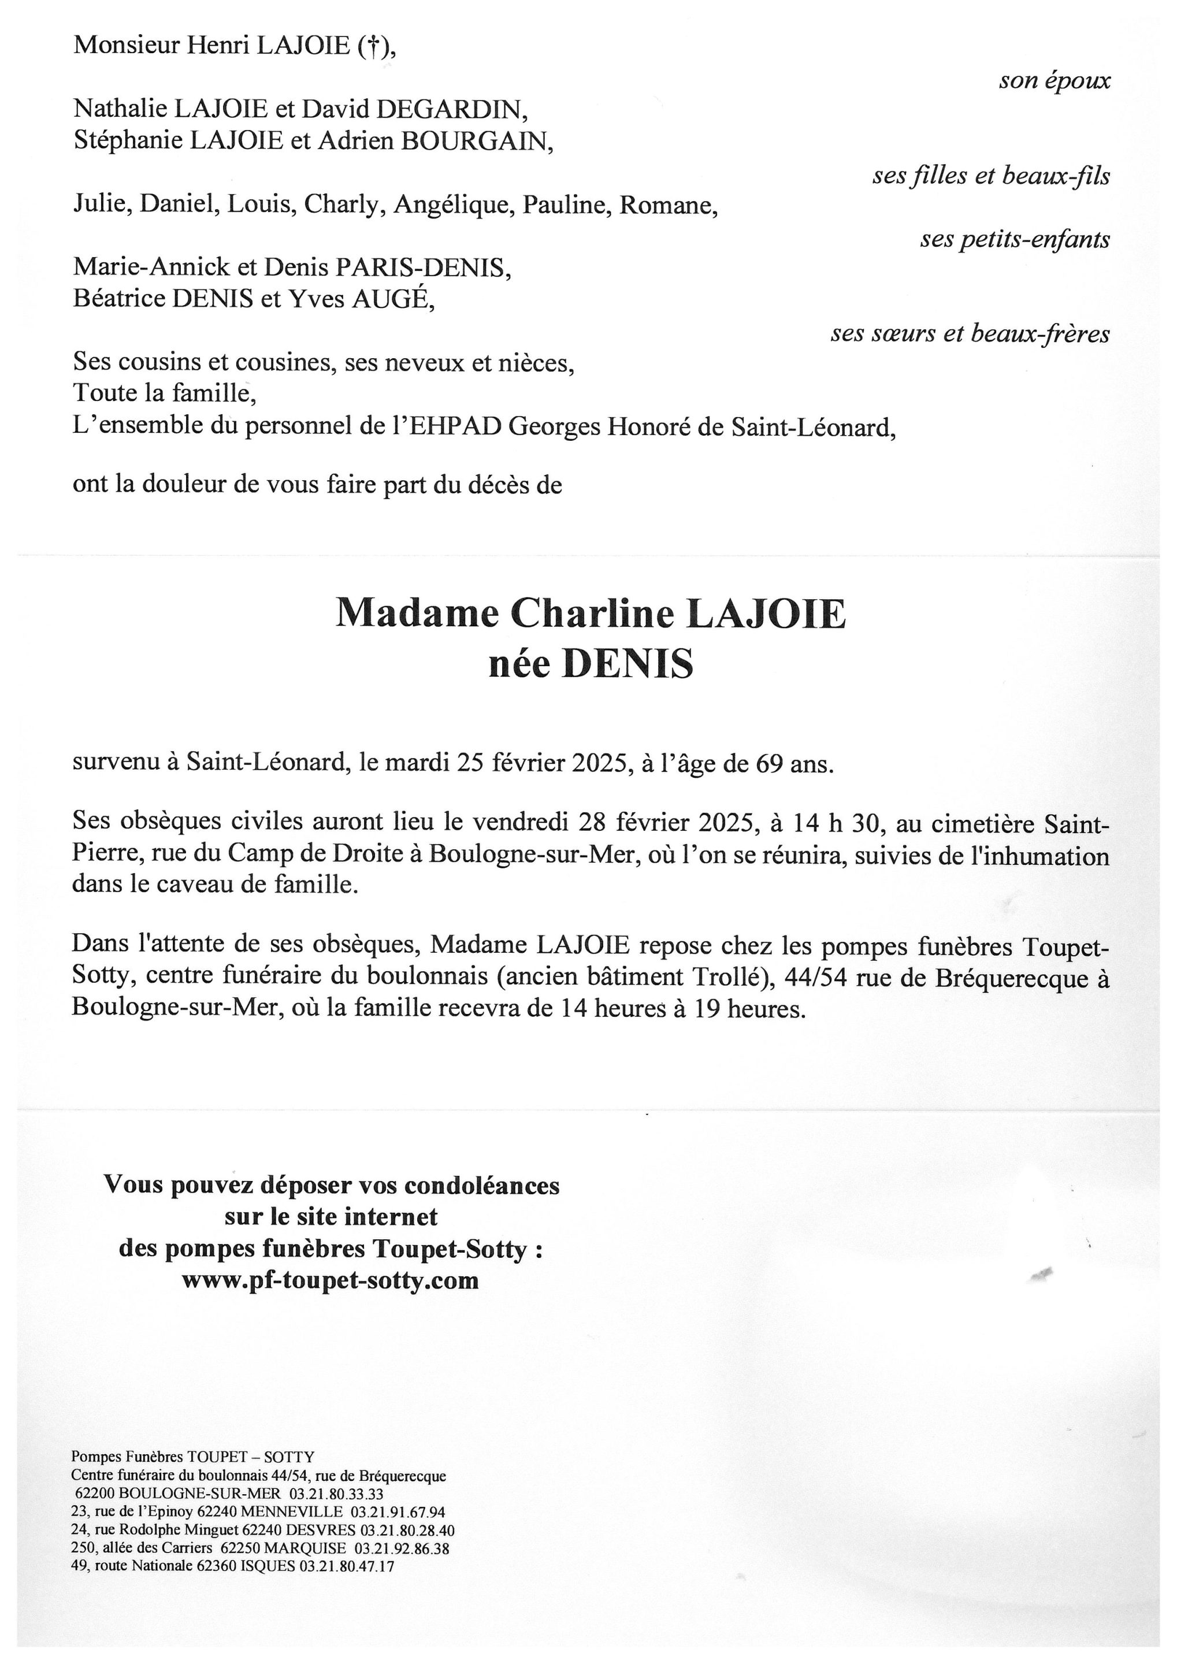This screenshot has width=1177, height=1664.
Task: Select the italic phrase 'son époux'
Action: click(1054, 80)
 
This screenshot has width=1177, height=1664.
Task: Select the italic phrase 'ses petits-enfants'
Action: click(1015, 239)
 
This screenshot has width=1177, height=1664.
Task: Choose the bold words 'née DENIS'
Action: click(591, 664)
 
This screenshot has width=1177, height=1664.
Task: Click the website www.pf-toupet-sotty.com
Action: click(331, 1280)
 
